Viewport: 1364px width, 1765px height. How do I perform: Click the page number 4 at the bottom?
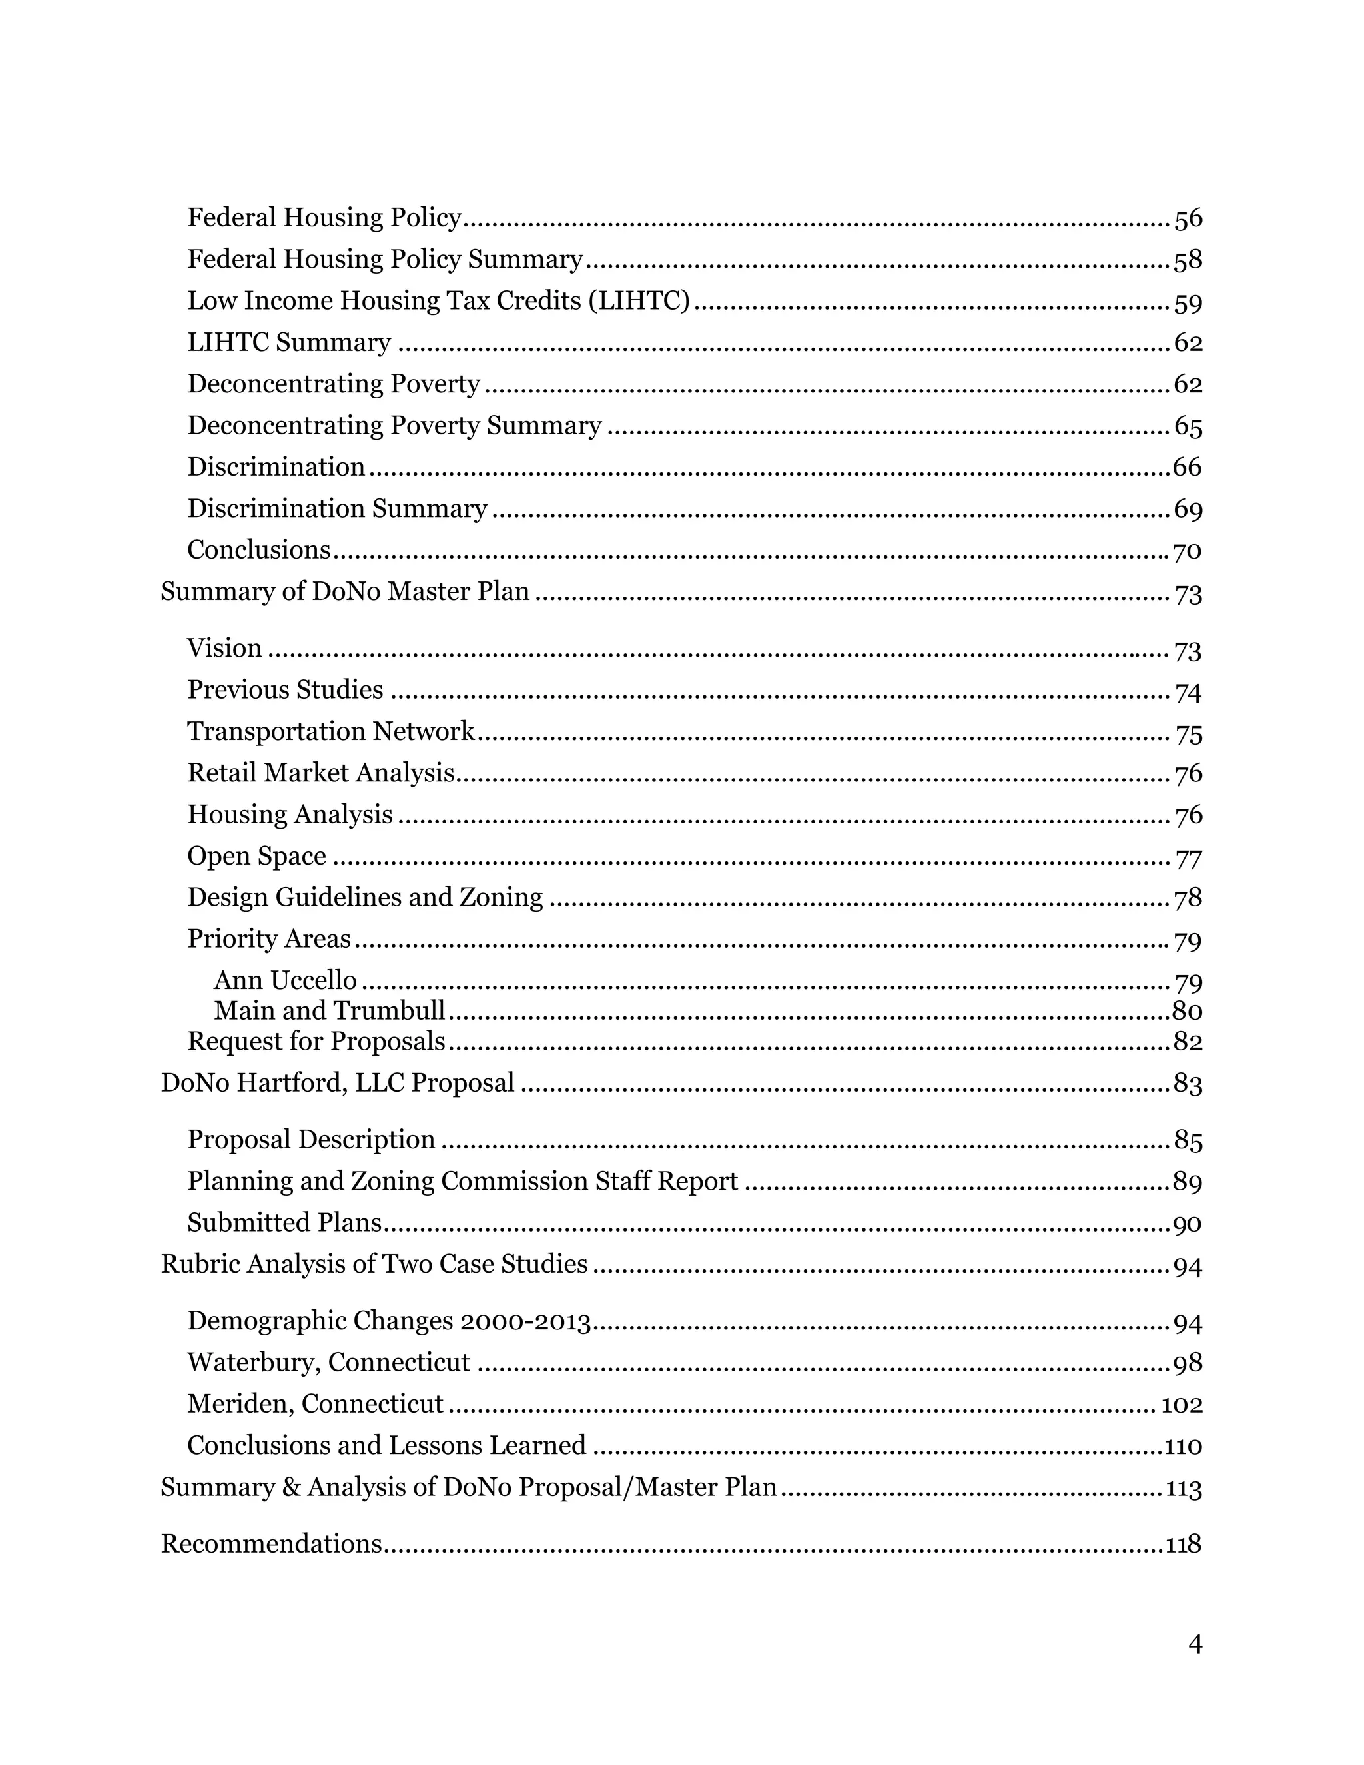coord(1195,1644)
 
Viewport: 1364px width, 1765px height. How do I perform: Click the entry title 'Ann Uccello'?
coord(284,980)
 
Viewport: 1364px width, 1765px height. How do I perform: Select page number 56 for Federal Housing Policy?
coord(1188,218)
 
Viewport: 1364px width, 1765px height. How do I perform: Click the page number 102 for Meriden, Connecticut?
coord(1182,1405)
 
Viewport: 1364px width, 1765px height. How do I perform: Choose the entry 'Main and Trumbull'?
coord(329,1010)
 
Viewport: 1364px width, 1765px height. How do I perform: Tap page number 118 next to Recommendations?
coord(1183,1545)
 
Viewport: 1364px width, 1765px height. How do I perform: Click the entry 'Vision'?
coord(224,648)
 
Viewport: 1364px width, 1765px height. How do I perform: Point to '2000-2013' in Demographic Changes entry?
coord(525,1321)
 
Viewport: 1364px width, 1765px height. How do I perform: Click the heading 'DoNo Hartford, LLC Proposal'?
coord(337,1083)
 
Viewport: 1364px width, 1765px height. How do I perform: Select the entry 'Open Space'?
coord(257,856)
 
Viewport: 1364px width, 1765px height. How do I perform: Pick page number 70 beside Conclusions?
coord(1187,551)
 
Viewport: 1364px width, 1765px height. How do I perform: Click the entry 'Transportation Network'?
coord(330,731)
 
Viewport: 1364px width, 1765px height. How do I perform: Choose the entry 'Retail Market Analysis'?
coord(321,773)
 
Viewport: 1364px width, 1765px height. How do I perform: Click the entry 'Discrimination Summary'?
coord(337,508)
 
